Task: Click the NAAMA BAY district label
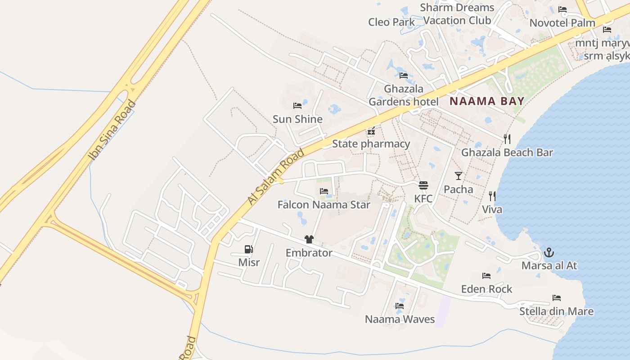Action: pos(487,101)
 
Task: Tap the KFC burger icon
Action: pos(423,185)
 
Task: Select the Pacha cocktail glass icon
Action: pos(459,175)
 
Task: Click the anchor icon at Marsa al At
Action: pos(549,252)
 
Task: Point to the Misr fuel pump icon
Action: pos(248,249)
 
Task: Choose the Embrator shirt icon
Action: pos(309,239)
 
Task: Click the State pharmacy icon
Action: pos(371,131)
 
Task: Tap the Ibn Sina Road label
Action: pos(112,130)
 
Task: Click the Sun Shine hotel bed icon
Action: pos(297,106)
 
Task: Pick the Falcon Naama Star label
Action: pos(324,205)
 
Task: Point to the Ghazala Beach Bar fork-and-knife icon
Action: pos(507,139)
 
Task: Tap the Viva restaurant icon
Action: pos(492,196)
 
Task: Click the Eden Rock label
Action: pos(486,289)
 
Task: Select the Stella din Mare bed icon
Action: pos(557,298)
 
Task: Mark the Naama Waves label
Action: pos(400,319)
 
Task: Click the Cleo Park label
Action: pos(391,22)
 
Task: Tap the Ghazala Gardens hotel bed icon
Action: pos(404,75)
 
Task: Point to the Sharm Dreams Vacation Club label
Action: pos(457,14)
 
